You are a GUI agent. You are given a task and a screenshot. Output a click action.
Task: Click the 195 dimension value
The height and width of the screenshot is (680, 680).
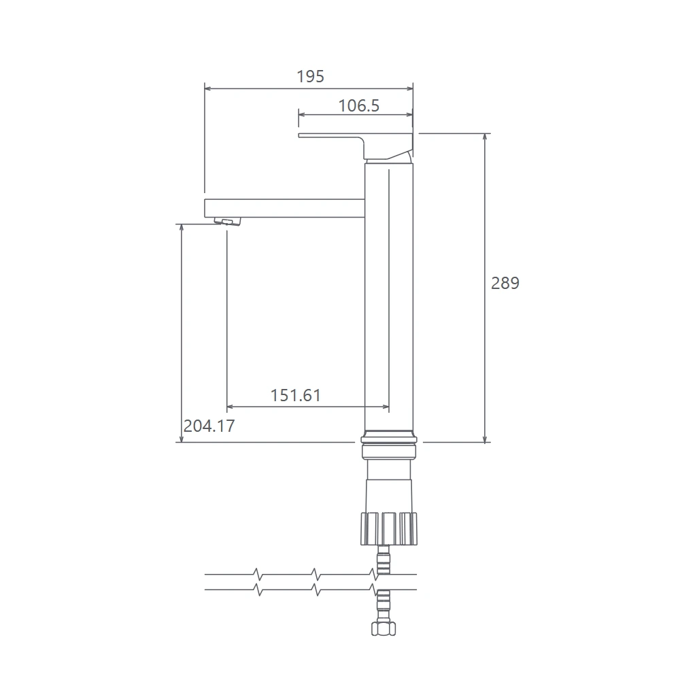coord(310,76)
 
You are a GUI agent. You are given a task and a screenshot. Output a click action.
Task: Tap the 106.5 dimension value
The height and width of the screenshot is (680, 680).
coord(358,106)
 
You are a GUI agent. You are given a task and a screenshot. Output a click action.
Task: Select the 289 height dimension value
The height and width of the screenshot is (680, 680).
coord(505,283)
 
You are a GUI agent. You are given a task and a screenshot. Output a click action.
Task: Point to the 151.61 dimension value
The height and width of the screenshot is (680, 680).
coord(295,395)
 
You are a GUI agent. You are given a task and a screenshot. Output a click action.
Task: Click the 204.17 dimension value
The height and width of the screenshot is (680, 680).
coord(209,426)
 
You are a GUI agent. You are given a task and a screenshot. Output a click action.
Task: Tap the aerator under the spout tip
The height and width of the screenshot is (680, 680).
coord(227,222)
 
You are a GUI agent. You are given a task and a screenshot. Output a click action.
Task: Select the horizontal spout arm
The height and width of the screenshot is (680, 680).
coord(284,208)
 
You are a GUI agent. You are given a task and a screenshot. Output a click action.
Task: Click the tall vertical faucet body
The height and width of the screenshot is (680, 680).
coord(389,297)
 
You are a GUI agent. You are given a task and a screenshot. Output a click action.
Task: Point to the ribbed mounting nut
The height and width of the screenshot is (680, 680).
coord(389,528)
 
